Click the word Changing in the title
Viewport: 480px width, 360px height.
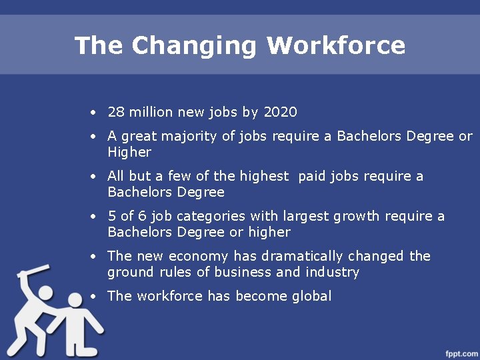pyautogui.click(x=193, y=46)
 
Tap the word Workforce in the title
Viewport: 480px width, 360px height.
pyautogui.click(x=336, y=46)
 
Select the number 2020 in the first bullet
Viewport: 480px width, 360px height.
pyautogui.click(x=280, y=112)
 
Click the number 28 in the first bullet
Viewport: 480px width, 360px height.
pyautogui.click(x=115, y=112)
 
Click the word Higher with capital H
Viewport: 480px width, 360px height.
pyautogui.click(x=129, y=153)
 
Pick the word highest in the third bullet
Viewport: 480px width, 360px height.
pyautogui.click(x=265, y=177)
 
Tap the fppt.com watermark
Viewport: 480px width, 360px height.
pyautogui.click(x=462, y=352)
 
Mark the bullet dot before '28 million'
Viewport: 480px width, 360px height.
pyautogui.click(x=95, y=113)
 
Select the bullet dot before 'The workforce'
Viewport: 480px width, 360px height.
pyautogui.click(x=95, y=297)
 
